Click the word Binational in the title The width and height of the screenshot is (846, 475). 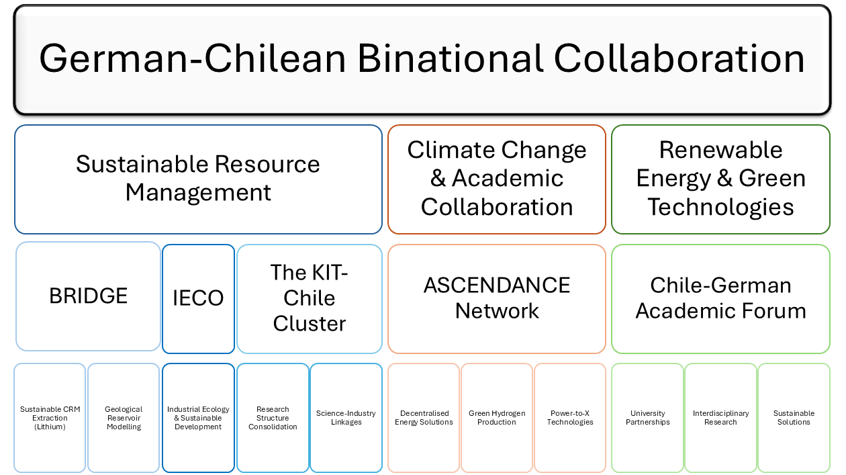pos(450,58)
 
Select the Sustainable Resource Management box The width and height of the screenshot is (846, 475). pos(198,179)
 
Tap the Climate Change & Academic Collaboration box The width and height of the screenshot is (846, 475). pos(497,179)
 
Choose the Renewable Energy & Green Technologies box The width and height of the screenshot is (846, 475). pos(720,179)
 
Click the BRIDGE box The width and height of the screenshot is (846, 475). pos(88,296)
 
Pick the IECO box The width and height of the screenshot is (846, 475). pos(198,299)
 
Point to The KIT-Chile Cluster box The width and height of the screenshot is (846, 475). pos(310,299)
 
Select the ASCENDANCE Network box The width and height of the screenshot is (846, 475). pos(497,299)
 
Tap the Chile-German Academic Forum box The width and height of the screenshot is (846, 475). pos(720,299)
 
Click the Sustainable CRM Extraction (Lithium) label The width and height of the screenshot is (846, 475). pos(50,418)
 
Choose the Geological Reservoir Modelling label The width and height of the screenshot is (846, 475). pos(124,418)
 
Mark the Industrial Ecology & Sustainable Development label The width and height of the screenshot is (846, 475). pos(198,418)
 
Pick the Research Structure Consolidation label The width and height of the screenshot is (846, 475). pos(273,418)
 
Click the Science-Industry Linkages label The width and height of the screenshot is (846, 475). pos(346,418)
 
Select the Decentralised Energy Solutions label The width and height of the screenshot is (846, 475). pos(424,418)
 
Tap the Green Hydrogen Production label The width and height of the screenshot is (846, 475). pos(497,418)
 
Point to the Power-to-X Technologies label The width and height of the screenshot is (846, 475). pos(570,418)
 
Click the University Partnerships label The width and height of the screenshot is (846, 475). pos(648,418)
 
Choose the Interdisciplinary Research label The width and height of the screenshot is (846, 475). pos(720,418)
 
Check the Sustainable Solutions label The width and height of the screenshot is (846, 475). pos(794,418)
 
